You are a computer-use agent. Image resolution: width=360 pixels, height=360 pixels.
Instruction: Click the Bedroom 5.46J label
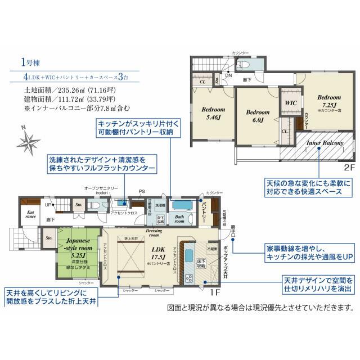(x=212, y=114)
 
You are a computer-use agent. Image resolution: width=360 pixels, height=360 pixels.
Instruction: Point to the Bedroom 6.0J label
(x=258, y=116)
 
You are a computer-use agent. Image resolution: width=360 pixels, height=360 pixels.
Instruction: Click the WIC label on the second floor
(x=291, y=103)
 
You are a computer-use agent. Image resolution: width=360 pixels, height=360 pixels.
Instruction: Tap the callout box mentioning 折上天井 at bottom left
(x=51, y=298)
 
